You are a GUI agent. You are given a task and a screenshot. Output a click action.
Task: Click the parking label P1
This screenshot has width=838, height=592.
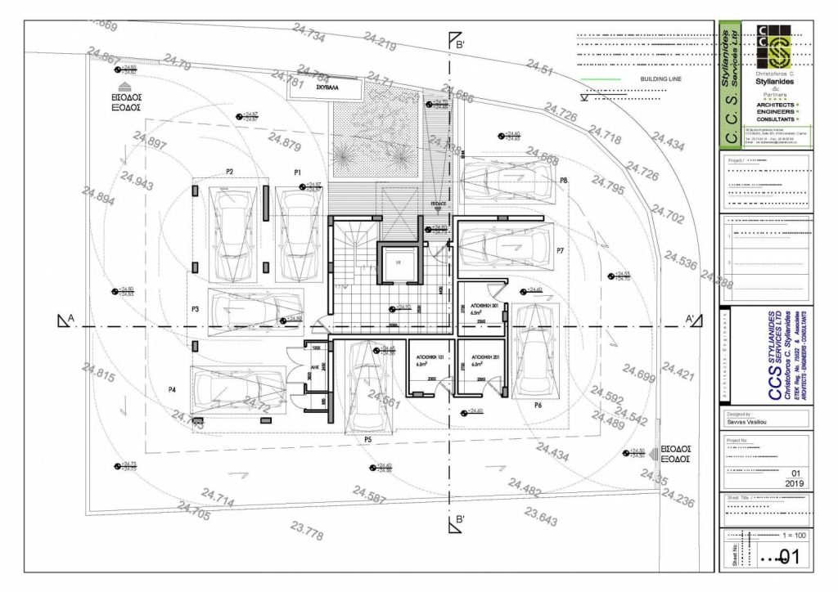tap(299, 172)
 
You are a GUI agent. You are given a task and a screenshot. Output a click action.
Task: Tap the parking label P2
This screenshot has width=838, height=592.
tap(230, 172)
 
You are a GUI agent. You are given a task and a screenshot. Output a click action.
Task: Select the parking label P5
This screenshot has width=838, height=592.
tap(368, 439)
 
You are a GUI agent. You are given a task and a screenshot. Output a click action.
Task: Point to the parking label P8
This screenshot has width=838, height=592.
tap(565, 179)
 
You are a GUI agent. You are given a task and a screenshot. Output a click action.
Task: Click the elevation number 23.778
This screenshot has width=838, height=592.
tap(306, 532)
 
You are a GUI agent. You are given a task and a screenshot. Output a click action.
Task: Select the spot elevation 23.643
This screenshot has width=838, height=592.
tap(542, 518)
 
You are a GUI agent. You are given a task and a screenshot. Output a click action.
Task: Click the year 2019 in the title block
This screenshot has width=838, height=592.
tap(794, 483)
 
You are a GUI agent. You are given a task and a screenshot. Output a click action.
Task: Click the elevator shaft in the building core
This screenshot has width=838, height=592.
tap(398, 263)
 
